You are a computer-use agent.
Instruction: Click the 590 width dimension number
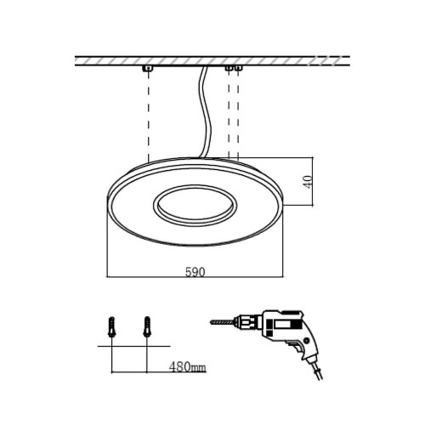pyautogui.click(x=195, y=272)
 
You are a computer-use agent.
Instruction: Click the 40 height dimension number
pyautogui.click(x=308, y=182)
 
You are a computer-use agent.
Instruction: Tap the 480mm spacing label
pyautogui.click(x=188, y=367)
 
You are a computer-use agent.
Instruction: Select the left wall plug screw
pyautogui.click(x=112, y=327)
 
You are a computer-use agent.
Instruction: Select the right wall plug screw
pyautogui.click(x=147, y=327)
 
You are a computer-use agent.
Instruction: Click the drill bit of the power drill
pyautogui.click(x=222, y=322)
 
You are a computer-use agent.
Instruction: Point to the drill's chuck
pyautogui.click(x=247, y=322)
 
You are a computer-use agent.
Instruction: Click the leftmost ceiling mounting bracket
pyautogui.click(x=148, y=68)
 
